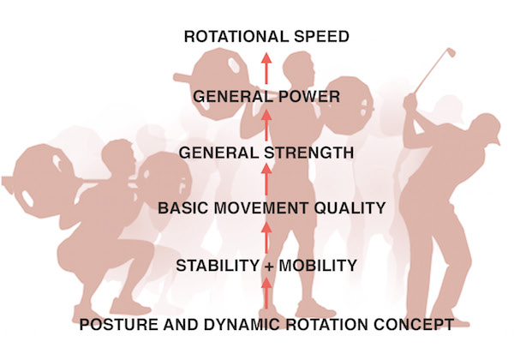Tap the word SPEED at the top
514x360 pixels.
[321, 36]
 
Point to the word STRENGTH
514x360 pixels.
[309, 153]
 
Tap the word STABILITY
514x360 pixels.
[218, 266]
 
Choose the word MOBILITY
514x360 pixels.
[318, 266]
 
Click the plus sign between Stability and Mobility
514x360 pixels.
[269, 267]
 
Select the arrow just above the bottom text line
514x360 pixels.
[266, 293]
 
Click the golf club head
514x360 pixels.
[450, 52]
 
